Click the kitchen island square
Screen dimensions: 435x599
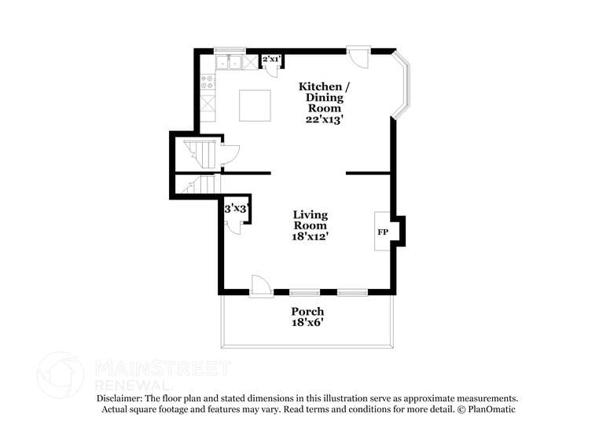pyautogui.click(x=255, y=105)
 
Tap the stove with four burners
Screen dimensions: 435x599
pyautogui.click(x=208, y=81)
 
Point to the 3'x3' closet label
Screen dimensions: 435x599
pyautogui.click(x=237, y=209)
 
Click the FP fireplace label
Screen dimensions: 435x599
pyautogui.click(x=383, y=232)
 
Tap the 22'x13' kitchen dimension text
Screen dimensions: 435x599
pyautogui.click(x=325, y=119)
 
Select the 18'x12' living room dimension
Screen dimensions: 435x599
pyautogui.click(x=311, y=235)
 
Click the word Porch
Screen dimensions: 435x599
pyautogui.click(x=307, y=312)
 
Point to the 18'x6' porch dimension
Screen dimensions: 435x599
pyautogui.click(x=307, y=323)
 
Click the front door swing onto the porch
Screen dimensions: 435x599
pyautogui.click(x=260, y=287)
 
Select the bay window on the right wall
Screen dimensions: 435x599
pyautogui.click(x=402, y=87)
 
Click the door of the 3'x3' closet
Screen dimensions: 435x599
pyautogui.click(x=234, y=225)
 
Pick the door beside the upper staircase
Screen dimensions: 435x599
pyautogui.click(x=230, y=154)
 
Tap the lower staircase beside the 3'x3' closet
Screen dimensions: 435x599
pyautogui.click(x=200, y=185)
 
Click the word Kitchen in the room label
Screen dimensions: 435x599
pyautogui.click(x=320, y=86)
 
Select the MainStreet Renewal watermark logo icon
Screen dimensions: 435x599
pyautogui.click(x=61, y=375)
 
